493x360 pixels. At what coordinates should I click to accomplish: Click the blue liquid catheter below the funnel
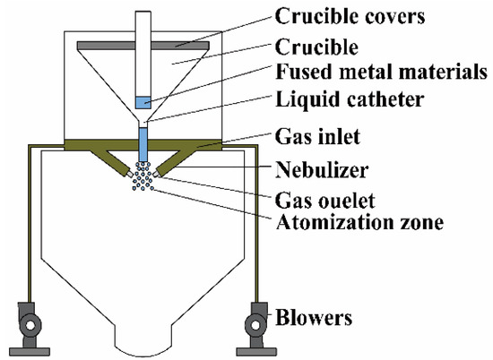coord(144,141)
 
